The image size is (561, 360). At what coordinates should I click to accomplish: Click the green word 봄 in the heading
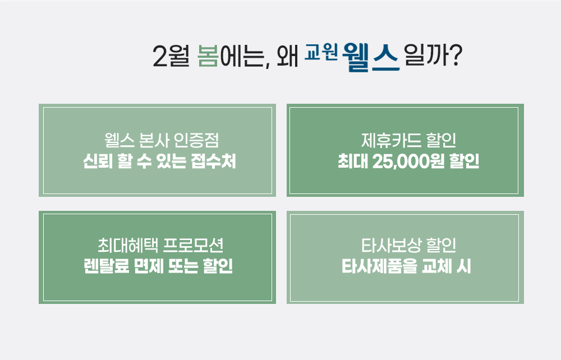coord(208,56)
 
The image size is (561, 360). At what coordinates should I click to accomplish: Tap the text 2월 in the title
coord(171,56)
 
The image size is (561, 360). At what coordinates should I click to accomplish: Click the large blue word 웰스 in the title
coord(371,57)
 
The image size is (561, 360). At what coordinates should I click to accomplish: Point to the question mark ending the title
coord(456,56)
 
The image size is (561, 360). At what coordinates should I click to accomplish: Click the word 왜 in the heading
coord(287,56)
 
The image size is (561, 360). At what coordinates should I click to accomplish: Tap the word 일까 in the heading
coord(426,56)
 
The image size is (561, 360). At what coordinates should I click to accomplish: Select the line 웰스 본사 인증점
coord(162,140)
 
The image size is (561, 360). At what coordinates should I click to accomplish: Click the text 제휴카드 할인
coord(408,140)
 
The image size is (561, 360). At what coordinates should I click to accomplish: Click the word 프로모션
coord(193,245)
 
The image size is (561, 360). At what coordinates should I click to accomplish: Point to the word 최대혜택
coord(128,245)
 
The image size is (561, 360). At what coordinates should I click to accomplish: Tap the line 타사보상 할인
coord(408,245)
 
